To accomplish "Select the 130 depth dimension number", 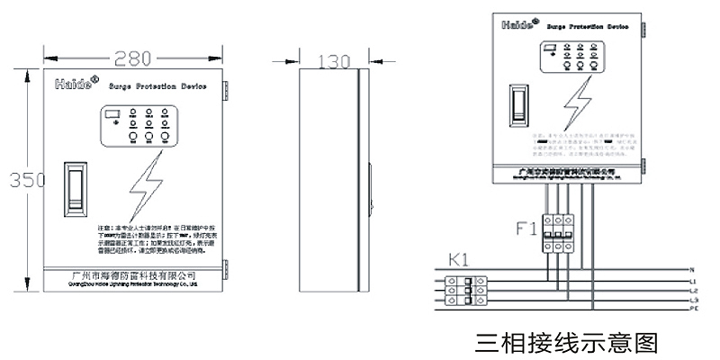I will pyautogui.click(x=333, y=62).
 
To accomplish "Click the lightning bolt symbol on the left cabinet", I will pyautogui.click(x=145, y=190).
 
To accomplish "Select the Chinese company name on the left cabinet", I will pyautogui.click(x=133, y=274).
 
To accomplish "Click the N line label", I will pyautogui.click(x=690, y=270).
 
